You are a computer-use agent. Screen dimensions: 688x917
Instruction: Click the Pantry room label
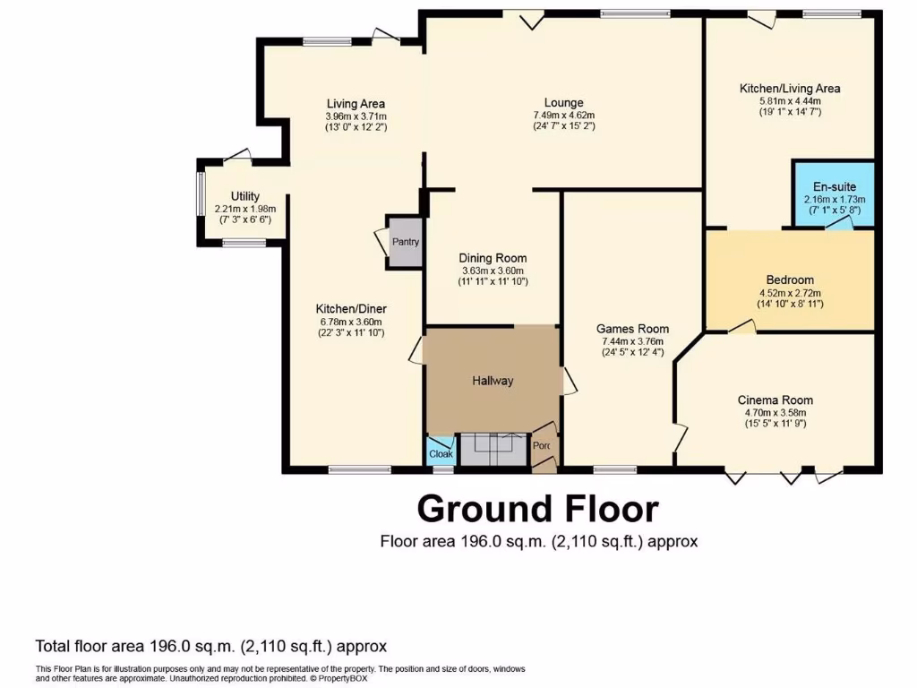click(x=405, y=242)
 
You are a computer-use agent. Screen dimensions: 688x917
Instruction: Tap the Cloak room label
click(x=441, y=454)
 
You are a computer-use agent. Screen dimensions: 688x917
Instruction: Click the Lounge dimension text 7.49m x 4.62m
click(x=563, y=115)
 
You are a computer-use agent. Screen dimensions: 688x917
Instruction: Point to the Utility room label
click(x=244, y=196)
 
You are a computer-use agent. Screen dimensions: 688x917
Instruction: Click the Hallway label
click(x=493, y=381)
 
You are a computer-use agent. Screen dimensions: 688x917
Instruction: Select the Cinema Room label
click(x=776, y=400)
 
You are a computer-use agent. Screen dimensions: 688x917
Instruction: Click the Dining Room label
click(x=494, y=258)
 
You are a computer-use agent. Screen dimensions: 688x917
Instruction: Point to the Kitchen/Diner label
click(x=356, y=309)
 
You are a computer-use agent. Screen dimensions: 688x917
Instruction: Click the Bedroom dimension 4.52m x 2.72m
click(x=789, y=292)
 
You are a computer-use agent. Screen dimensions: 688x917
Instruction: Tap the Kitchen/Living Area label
click(x=789, y=89)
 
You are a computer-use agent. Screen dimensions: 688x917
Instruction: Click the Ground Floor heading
click(x=538, y=509)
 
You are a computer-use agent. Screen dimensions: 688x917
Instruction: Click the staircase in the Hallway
click(x=493, y=448)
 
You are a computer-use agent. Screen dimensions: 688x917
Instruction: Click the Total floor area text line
click(x=210, y=646)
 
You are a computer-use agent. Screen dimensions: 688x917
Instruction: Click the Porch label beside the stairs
click(x=541, y=445)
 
